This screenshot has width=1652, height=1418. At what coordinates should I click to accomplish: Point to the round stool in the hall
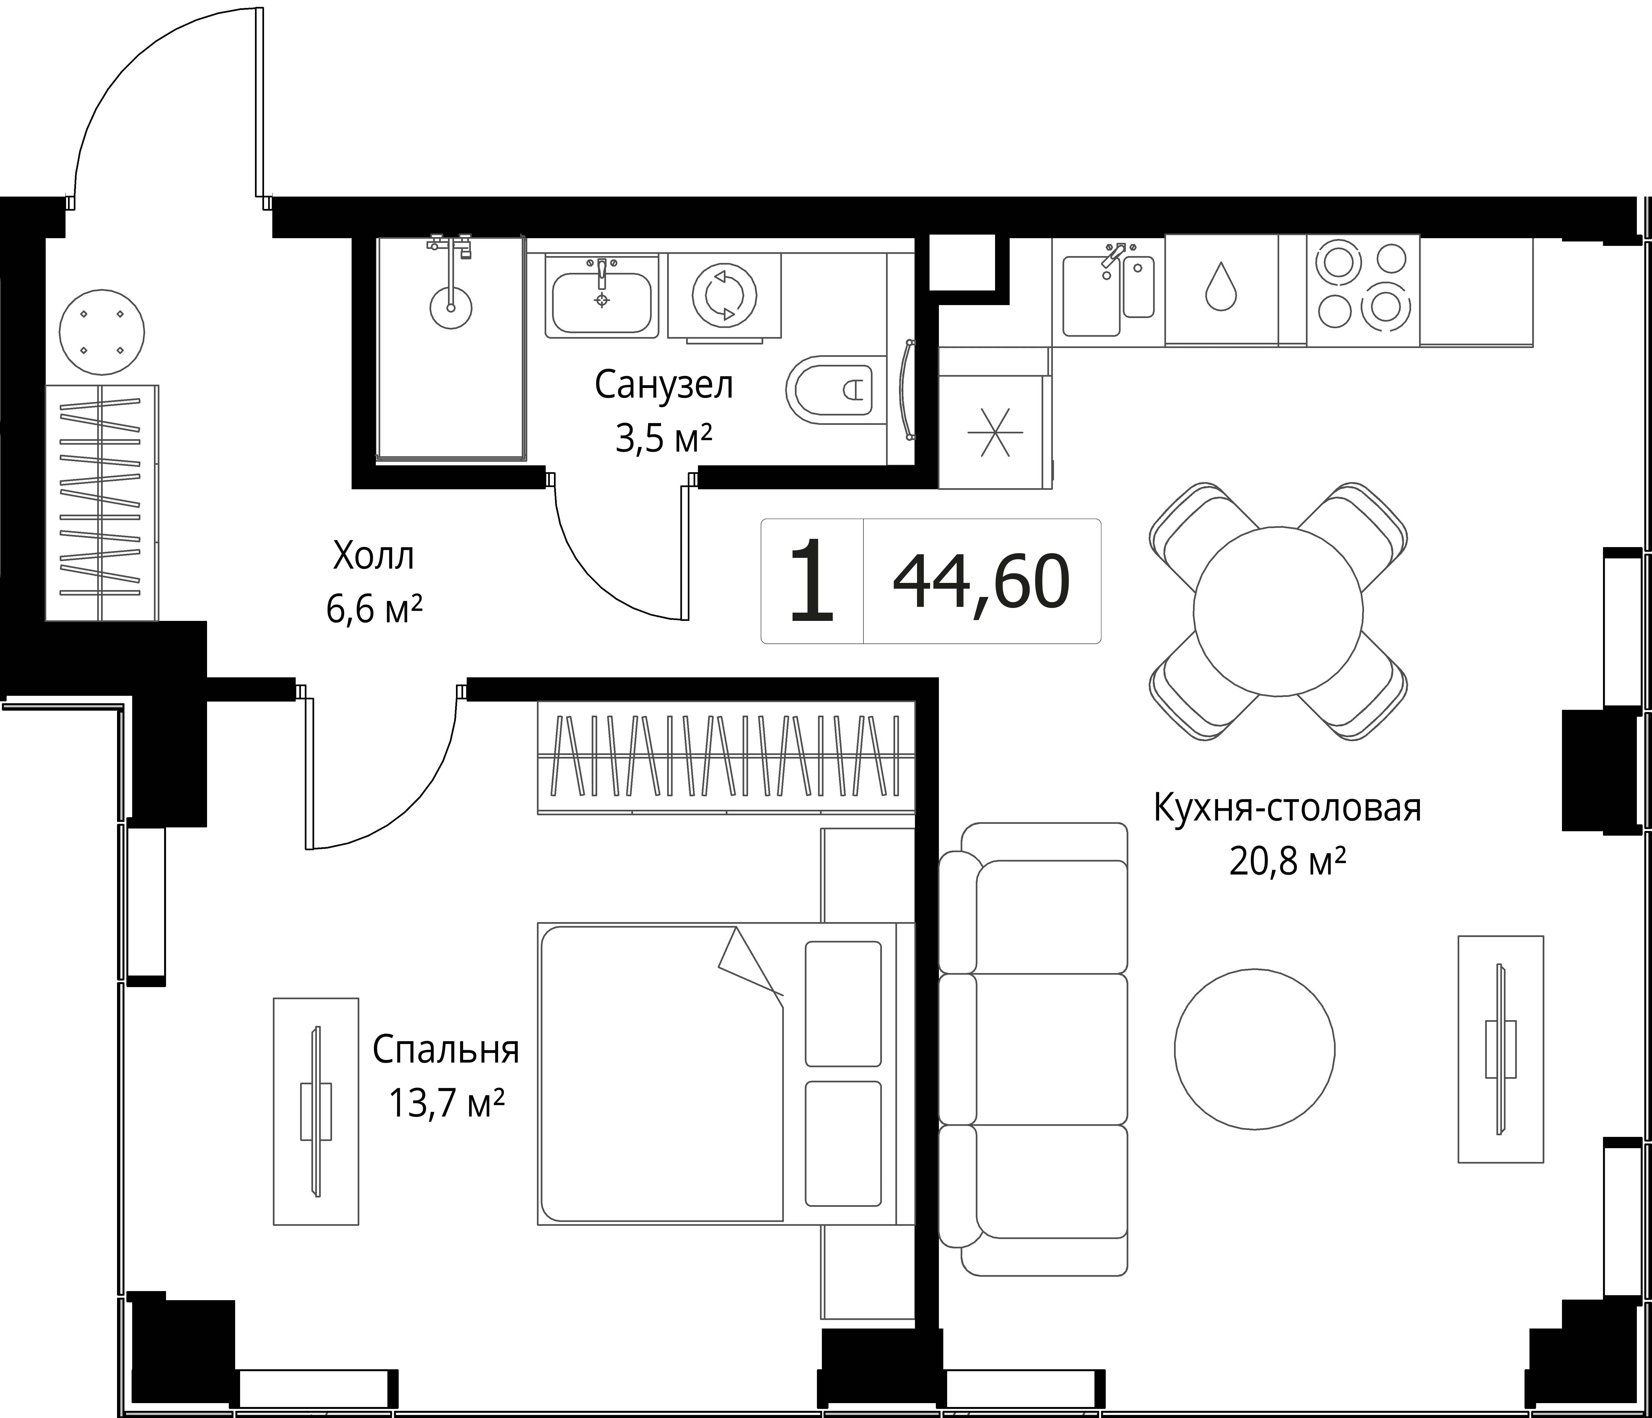tap(102, 332)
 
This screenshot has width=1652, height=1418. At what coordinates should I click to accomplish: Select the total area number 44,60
tap(982, 582)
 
